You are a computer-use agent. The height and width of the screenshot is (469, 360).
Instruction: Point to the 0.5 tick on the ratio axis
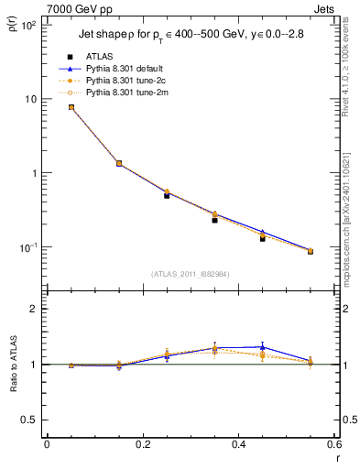click(x=31, y=420)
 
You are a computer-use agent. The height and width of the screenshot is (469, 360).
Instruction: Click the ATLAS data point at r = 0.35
click(x=214, y=220)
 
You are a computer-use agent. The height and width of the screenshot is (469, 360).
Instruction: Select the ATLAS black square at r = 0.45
click(x=262, y=238)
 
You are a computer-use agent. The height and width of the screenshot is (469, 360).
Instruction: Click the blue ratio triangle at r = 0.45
click(x=262, y=347)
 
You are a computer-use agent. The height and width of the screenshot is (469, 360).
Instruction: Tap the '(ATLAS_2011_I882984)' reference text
click(x=190, y=274)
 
